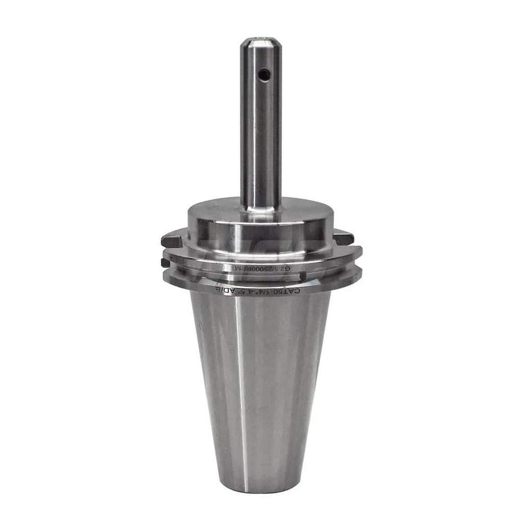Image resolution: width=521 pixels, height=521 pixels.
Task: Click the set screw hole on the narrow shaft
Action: pos(265,75)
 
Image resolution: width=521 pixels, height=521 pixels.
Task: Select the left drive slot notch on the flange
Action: pos(171,241)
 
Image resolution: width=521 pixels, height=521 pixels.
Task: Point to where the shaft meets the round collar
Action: pos(260,207)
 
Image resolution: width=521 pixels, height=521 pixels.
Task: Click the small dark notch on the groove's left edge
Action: pos(165,263)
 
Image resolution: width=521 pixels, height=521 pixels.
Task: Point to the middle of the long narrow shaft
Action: pos(260,125)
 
